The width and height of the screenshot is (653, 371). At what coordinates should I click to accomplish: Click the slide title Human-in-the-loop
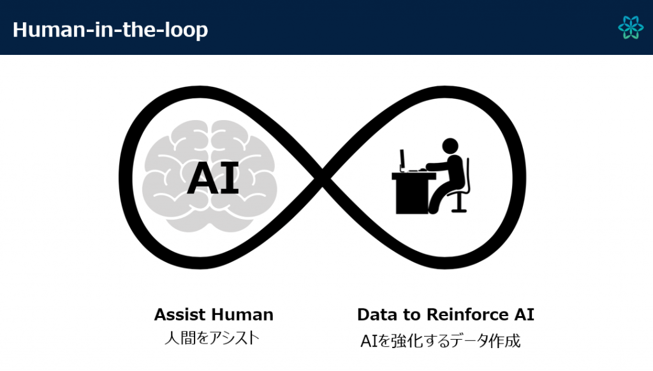(x=110, y=30)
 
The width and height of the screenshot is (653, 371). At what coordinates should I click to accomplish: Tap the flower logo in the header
(x=631, y=27)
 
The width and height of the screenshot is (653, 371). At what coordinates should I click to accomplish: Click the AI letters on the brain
(x=213, y=178)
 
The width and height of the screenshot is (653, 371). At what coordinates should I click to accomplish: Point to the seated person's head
(x=450, y=146)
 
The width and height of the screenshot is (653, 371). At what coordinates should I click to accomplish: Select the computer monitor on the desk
(x=402, y=160)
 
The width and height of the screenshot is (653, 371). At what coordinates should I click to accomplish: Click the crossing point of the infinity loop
(x=322, y=178)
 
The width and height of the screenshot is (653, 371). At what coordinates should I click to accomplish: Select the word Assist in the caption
(x=180, y=315)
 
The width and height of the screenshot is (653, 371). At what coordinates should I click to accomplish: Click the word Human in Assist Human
(x=243, y=315)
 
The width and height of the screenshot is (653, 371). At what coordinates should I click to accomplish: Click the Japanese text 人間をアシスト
(x=212, y=338)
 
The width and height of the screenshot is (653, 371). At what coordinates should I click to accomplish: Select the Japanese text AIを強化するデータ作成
(x=441, y=341)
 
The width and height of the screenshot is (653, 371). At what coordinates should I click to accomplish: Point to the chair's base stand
(x=458, y=203)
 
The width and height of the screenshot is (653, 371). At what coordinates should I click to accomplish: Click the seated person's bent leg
(x=441, y=198)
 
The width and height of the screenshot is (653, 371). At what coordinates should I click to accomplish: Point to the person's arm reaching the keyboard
(x=437, y=167)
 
